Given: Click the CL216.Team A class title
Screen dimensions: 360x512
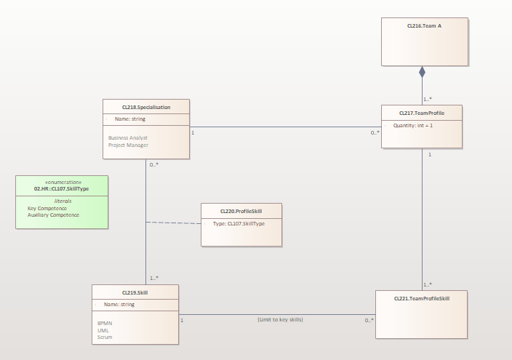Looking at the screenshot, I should coord(425,25).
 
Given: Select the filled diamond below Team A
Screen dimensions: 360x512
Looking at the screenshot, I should coord(422,73).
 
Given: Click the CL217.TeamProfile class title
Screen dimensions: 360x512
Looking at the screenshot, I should coord(422,113).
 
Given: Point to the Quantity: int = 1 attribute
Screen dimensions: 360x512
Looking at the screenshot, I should coord(413,125).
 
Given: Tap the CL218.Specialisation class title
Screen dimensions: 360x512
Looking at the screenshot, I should coord(146,107).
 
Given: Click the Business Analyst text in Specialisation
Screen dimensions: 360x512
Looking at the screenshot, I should coord(128,137).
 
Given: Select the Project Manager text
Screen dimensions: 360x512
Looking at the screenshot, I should coord(128,145).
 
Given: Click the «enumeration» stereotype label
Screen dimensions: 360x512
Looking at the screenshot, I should coord(62,182).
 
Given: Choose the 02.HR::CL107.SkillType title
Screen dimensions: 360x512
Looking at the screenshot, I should coord(62,188).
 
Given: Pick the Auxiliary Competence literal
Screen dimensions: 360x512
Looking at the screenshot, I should coord(53,215).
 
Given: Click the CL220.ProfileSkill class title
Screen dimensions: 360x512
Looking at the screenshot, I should coord(241,212).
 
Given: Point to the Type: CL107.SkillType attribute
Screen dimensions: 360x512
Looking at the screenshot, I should coord(239,223).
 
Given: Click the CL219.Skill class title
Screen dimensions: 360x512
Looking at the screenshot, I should coord(135,292).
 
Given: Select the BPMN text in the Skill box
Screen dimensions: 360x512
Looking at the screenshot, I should coord(105,323).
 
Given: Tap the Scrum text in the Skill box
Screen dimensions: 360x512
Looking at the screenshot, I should coord(105,337).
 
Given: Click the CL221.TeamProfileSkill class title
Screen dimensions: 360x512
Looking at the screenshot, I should coord(421,298).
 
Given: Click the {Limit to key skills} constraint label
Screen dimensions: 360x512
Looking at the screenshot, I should coord(280,319).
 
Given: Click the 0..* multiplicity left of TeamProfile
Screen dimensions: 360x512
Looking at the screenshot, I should coord(375,132).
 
